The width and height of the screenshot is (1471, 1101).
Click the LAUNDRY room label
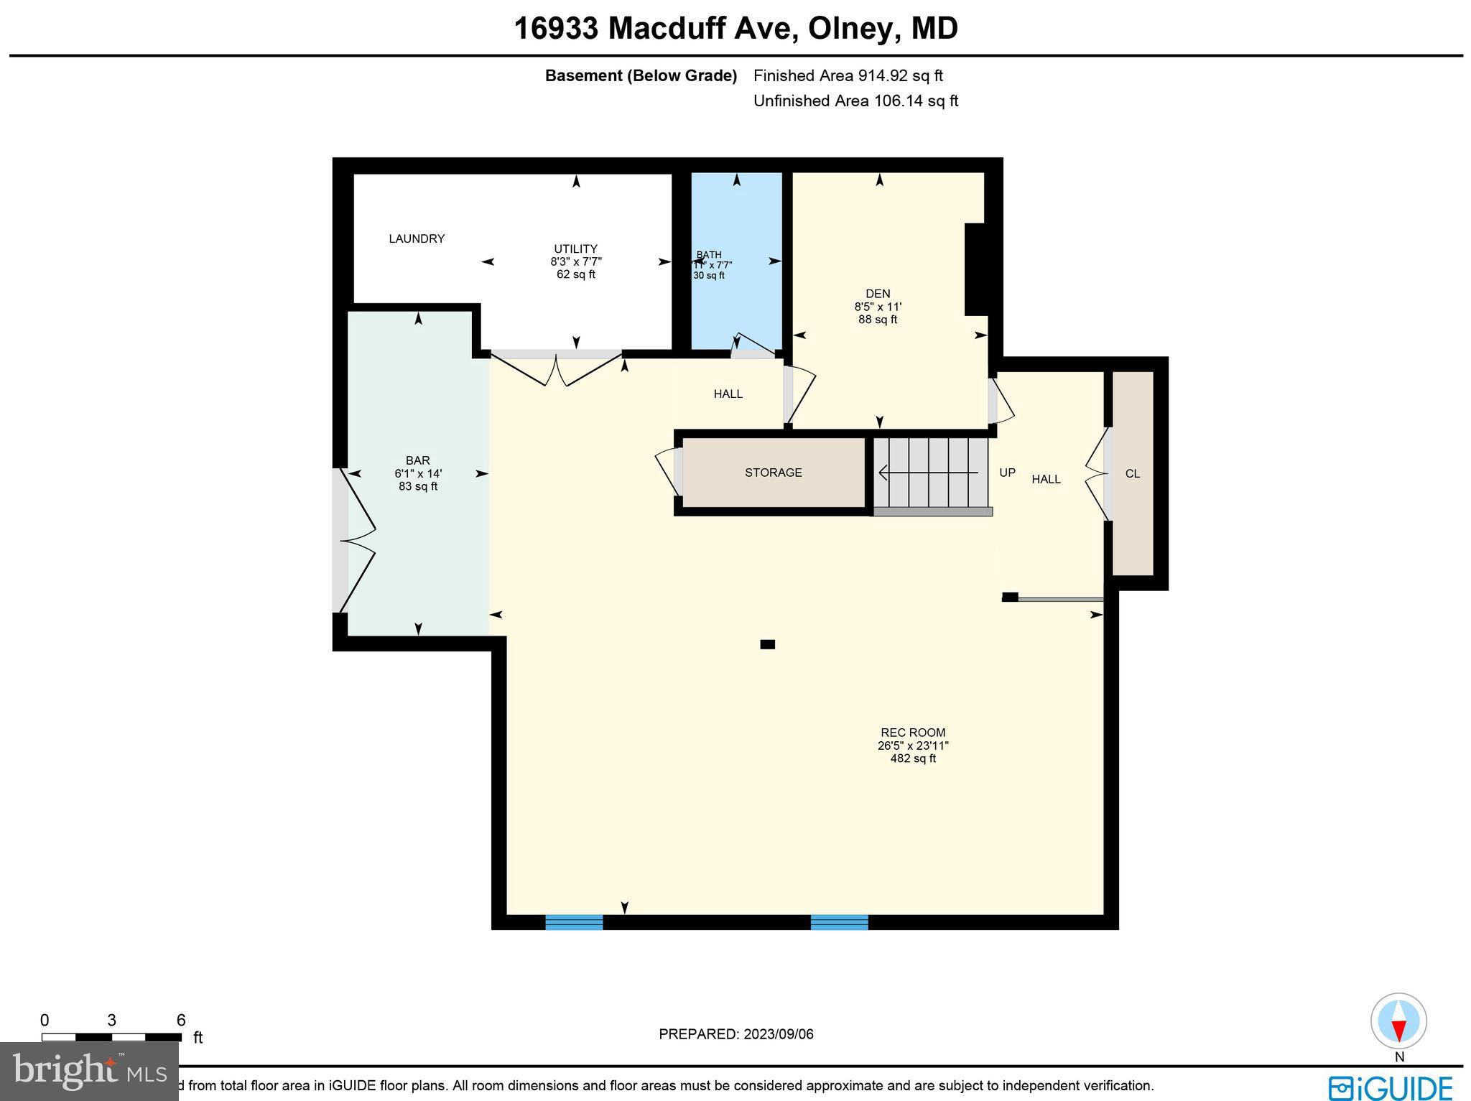click(417, 238)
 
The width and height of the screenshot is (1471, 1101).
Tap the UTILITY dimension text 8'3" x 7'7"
click(576, 262)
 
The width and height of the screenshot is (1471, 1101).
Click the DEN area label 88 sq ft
click(878, 320)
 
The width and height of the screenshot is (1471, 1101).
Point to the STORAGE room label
click(773, 473)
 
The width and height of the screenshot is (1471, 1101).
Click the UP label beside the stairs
click(1007, 473)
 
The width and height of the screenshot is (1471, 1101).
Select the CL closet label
click(1133, 474)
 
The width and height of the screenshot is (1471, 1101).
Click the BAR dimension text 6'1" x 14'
click(418, 474)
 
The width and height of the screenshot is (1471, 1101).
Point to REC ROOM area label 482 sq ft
click(913, 758)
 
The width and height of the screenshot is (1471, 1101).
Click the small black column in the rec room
click(767, 644)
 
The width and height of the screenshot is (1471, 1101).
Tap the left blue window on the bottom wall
click(574, 922)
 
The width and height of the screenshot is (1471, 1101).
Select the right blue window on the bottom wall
click(839, 922)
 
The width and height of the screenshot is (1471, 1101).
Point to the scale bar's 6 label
click(181, 1021)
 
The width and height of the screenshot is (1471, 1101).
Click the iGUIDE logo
click(1390, 1087)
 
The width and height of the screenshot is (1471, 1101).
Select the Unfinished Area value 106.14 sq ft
click(915, 101)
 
